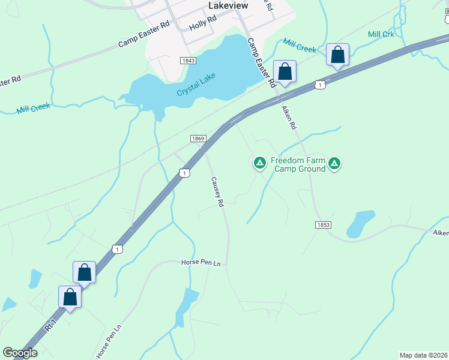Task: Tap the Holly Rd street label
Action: [x=202, y=23]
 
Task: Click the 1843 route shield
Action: [x=188, y=61]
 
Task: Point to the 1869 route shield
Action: [x=199, y=139]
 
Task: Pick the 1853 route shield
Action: [x=322, y=224]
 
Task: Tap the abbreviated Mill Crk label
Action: [x=381, y=34]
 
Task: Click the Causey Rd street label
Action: [x=217, y=192]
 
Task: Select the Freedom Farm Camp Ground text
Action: [x=298, y=164]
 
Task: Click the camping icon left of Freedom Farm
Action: [x=259, y=162]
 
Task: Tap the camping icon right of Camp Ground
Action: [x=334, y=163]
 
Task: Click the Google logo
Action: [x=20, y=353]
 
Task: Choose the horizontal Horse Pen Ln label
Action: [x=201, y=263]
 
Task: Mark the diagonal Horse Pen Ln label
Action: [x=109, y=342]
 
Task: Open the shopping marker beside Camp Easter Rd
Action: [x=285, y=71]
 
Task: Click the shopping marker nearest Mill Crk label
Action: [x=338, y=55]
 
